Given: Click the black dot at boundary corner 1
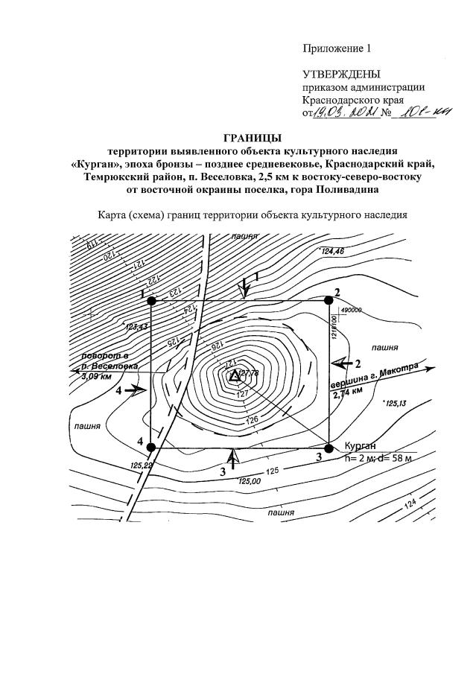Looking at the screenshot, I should [x=151, y=300].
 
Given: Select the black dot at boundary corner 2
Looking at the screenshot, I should [x=329, y=300].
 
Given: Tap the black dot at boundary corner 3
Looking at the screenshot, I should [x=329, y=448].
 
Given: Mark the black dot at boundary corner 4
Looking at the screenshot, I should [x=151, y=448].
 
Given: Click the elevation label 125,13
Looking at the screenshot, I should [x=394, y=403].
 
